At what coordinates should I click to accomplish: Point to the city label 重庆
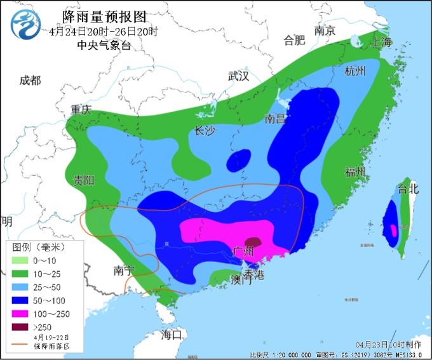(x=81, y=109)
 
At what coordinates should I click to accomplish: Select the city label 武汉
(x=239, y=76)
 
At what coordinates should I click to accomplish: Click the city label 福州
(x=355, y=172)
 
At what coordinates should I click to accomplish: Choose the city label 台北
(x=408, y=189)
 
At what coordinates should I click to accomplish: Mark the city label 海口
(x=172, y=334)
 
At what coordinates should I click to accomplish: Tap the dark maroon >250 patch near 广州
(x=253, y=242)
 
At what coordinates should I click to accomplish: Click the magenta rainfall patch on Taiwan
(x=393, y=229)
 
